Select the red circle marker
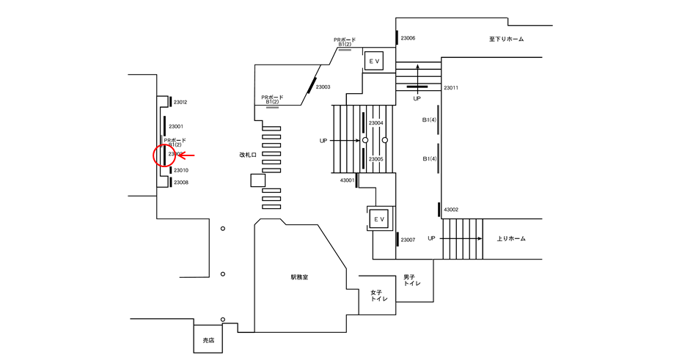tap(165, 155)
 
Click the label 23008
tap(180, 182)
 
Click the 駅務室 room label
tap(298, 277)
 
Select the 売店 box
tap(209, 340)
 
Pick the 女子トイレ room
tap(378, 295)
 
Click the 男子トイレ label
tap(412, 280)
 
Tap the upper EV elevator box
tap(374, 61)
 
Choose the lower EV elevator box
tap(380, 218)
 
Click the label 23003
tap(323, 87)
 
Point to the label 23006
tap(407, 38)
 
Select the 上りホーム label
tap(511, 238)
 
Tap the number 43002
tap(450, 210)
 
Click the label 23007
tap(408, 240)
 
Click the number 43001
tap(347, 180)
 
